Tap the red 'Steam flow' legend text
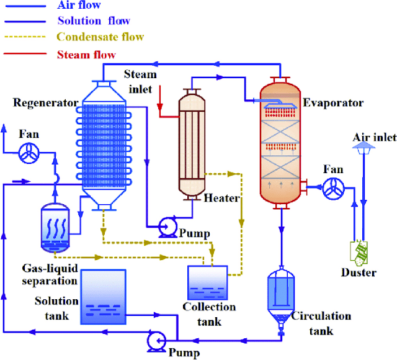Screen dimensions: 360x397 (86, 55)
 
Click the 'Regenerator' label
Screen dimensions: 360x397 (38, 102)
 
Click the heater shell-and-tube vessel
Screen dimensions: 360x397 (192, 142)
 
